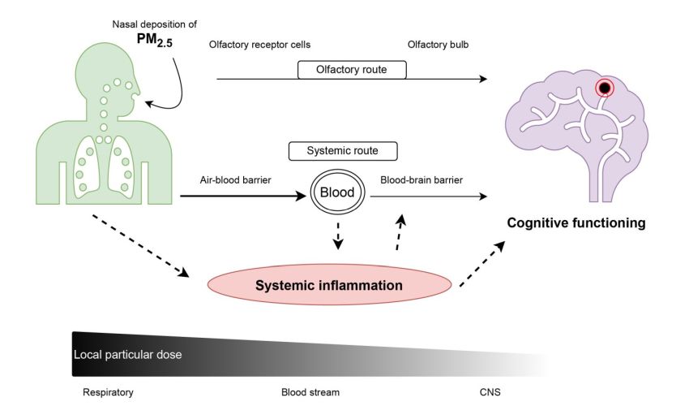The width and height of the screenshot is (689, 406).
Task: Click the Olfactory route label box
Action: pos(352,70)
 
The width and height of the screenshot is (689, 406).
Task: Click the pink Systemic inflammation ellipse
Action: pos(329,285)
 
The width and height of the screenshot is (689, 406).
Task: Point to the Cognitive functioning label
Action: pos(576,222)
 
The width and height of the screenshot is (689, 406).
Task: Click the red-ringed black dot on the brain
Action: pos(604,89)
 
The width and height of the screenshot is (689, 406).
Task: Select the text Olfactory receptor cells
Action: pos(259,44)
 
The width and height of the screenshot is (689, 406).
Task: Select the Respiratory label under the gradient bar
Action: pos(108,392)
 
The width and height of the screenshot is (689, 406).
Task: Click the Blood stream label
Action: pos(310,392)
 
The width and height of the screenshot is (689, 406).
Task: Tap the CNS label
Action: pos(490,392)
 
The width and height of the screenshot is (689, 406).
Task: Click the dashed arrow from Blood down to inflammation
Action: pos(338,235)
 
